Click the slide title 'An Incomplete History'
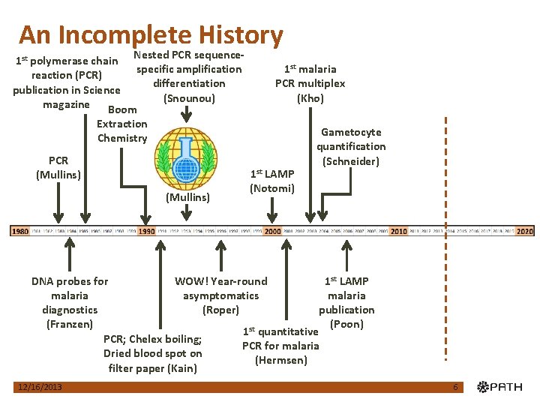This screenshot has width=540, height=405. (x=151, y=35)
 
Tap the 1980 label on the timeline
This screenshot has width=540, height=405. (x=19, y=232)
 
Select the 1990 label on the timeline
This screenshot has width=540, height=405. (x=147, y=232)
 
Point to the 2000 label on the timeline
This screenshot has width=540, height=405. (x=272, y=232)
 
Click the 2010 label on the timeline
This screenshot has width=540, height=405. (x=398, y=232)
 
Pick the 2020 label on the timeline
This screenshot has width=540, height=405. (x=525, y=232)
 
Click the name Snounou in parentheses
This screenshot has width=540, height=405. (x=188, y=98)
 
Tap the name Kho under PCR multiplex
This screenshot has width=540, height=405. (x=310, y=98)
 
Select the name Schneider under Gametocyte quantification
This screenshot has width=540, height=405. (x=351, y=161)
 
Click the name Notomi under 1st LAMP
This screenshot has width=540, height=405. (x=271, y=188)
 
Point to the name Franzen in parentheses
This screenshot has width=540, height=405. (x=70, y=324)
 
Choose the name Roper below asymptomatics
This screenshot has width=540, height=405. (x=220, y=310)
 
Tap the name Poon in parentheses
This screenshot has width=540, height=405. (x=346, y=324)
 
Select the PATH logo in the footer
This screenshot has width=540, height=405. (x=502, y=387)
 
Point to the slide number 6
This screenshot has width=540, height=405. (x=455, y=387)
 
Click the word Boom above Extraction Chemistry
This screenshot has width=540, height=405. (x=122, y=110)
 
